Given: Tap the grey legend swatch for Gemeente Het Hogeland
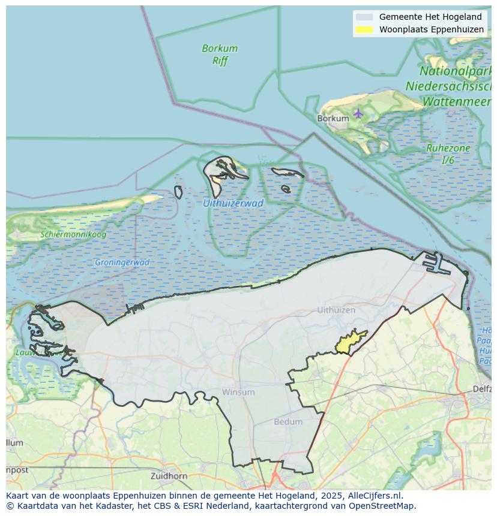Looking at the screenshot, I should coord(364,17).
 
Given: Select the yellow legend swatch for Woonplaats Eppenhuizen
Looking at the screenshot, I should coord(364,29).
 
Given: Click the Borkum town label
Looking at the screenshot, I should coord(333,119).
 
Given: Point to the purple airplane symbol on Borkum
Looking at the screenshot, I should coord(358,113).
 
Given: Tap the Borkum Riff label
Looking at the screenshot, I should coord(220,55).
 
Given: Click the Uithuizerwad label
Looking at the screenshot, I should coord(233,203).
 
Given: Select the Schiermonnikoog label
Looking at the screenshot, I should coord(73,234).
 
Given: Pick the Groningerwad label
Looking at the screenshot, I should coord(122,262).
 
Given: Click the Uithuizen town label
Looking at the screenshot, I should coord(336,310).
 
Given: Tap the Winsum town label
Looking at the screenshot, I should coord(238,393).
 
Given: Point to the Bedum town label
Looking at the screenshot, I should coord(288,422).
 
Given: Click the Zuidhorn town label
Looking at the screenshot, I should coord(169,476).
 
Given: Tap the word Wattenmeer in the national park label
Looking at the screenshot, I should coord(456,102).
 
